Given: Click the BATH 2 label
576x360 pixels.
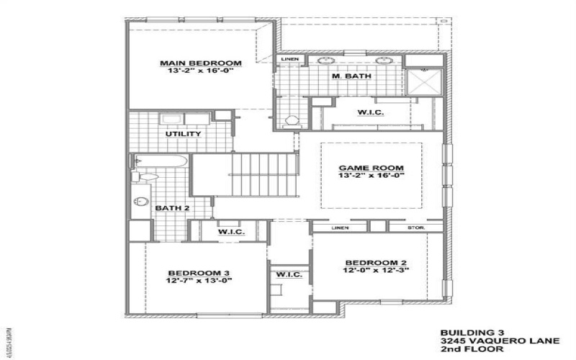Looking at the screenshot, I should pos(172,208).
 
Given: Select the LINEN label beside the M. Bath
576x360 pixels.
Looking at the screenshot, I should pos(289,59).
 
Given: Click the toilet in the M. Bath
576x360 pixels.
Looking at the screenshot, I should pos(291,120).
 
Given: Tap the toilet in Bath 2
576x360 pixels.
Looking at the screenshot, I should pos(143,175).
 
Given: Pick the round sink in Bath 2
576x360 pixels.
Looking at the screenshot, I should pos(141,202).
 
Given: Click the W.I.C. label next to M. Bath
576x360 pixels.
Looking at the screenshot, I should pos(370,113).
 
